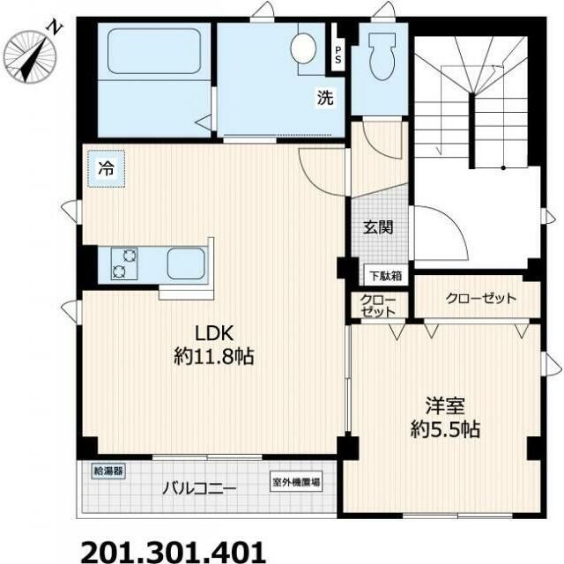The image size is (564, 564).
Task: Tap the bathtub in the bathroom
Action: [154, 51]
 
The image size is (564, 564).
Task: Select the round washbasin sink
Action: [303, 48]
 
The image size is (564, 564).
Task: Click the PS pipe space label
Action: [338, 55]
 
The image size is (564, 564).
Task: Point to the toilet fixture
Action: [382, 56]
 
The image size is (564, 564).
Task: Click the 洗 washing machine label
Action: [325, 97]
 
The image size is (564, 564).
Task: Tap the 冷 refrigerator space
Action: [107, 168]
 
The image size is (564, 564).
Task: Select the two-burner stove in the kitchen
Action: [124, 263]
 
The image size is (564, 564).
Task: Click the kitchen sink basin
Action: [186, 263]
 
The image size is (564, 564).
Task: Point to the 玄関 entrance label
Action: [378, 227]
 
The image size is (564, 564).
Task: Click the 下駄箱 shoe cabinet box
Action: [386, 276]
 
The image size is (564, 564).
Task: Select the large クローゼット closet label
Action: [480, 298]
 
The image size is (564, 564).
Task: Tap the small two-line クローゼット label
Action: [378, 306]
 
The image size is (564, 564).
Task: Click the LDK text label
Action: [214, 333]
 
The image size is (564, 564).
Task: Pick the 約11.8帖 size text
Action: [214, 356]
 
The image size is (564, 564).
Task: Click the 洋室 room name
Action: [445, 405]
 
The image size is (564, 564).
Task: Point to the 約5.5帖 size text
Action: [445, 428]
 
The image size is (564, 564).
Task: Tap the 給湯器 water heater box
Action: [108, 471]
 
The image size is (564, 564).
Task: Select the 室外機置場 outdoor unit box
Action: [296, 482]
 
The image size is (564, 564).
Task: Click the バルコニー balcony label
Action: [199, 488]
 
